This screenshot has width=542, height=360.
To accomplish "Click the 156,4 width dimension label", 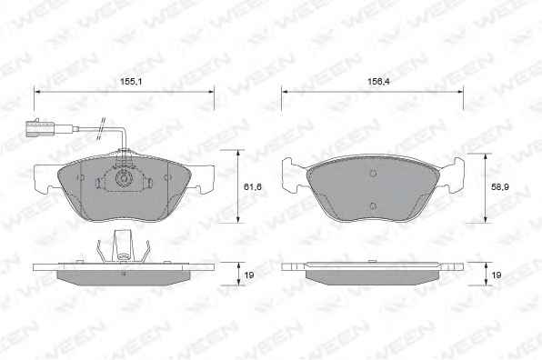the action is click(x=377, y=82).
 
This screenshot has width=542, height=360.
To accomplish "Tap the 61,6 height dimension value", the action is click(x=253, y=187).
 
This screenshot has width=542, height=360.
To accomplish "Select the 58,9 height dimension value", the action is click(x=500, y=187).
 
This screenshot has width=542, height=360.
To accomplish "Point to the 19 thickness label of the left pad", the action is click(x=249, y=275).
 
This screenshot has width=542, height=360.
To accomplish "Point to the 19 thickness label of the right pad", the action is click(x=497, y=275).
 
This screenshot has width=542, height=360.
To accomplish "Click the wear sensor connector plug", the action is click(x=39, y=127).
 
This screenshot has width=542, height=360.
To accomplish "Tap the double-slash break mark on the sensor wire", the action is click(x=101, y=128).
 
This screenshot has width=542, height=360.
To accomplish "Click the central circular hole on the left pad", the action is click(x=123, y=178).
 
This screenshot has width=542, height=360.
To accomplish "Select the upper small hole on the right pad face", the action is click(x=373, y=173).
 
